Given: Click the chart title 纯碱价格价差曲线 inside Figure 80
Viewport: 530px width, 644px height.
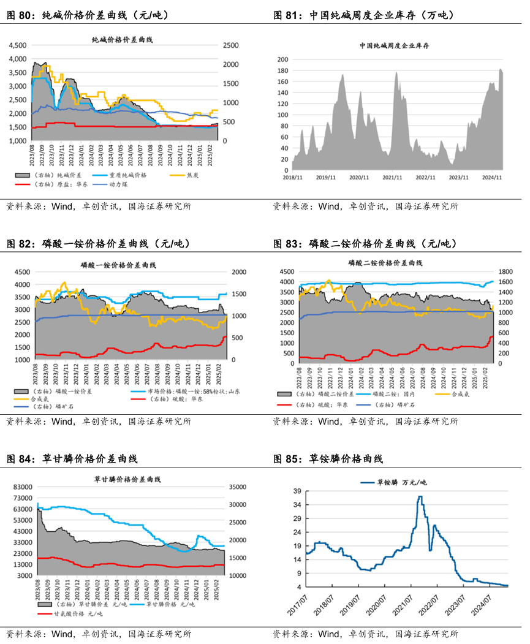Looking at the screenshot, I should (122, 40).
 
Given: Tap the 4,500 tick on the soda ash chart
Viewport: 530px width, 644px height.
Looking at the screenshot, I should (18, 45).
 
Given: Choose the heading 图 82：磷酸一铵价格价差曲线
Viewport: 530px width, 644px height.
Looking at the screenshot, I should (98, 244).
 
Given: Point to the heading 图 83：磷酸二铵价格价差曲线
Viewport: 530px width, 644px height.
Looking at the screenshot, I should (365, 244).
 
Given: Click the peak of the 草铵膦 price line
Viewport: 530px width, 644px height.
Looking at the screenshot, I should (420, 497).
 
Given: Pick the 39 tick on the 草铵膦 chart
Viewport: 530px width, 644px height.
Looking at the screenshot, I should (297, 491).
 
